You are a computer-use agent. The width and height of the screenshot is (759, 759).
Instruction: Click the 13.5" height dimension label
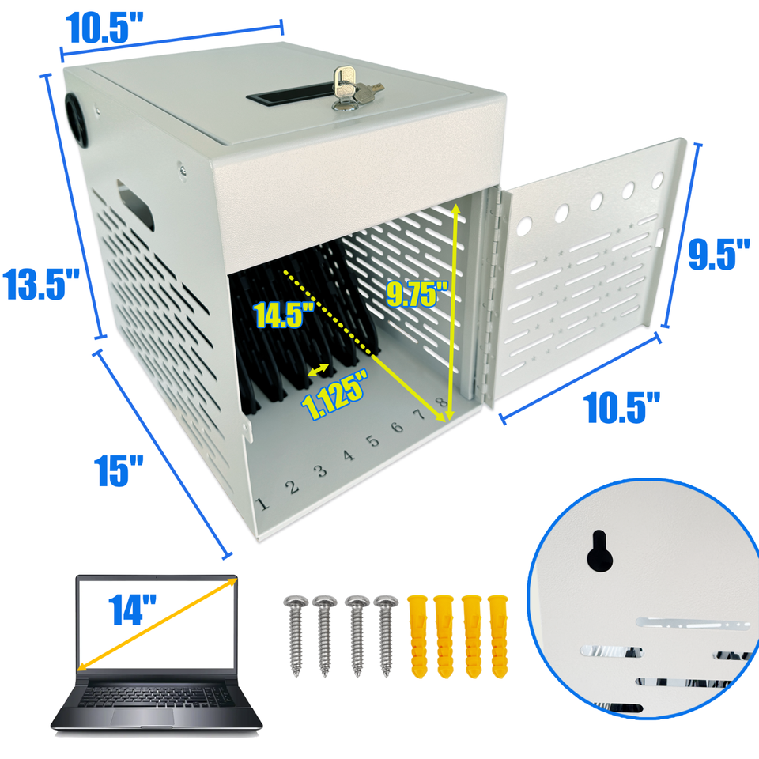[x=41, y=284]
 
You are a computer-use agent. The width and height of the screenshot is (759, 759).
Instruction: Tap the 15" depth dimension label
[x=119, y=470]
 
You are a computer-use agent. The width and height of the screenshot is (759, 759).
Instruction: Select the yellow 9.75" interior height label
[x=417, y=294]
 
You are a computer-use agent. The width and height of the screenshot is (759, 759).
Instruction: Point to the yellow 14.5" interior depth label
[x=284, y=314]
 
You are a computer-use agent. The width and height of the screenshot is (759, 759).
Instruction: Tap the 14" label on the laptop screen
[x=132, y=609]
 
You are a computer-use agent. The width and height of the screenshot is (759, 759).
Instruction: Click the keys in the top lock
[x=353, y=89]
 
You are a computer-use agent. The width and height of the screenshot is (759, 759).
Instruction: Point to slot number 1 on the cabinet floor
[x=262, y=504]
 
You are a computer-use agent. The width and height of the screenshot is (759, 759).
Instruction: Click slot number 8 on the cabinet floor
[x=441, y=402]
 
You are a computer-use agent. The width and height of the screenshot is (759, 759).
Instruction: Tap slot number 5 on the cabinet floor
[x=372, y=441]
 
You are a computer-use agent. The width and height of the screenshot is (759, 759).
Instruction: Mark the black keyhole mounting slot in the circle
[x=600, y=551]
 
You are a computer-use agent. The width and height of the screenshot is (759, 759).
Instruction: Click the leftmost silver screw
[x=296, y=635]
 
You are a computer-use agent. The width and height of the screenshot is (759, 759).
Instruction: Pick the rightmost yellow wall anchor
[x=498, y=636]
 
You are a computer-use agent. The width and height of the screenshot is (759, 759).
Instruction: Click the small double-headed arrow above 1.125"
[x=319, y=370]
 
